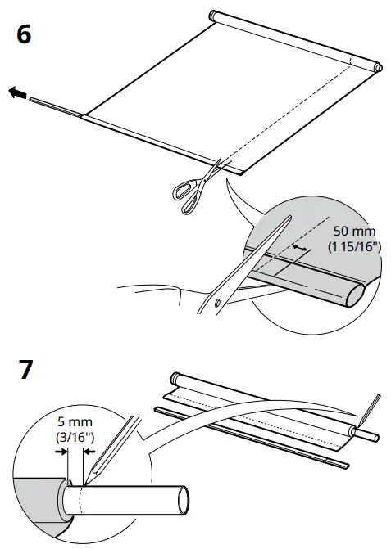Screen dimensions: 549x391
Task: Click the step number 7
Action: coord(25,370)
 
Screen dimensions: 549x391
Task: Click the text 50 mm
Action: coord(353,232)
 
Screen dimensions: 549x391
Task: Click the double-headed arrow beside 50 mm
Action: coord(301,245)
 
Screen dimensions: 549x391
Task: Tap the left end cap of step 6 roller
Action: coord(213,15)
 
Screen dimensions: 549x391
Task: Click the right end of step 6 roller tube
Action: coord(376,65)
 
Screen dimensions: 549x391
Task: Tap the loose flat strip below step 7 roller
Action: coord(246,433)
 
